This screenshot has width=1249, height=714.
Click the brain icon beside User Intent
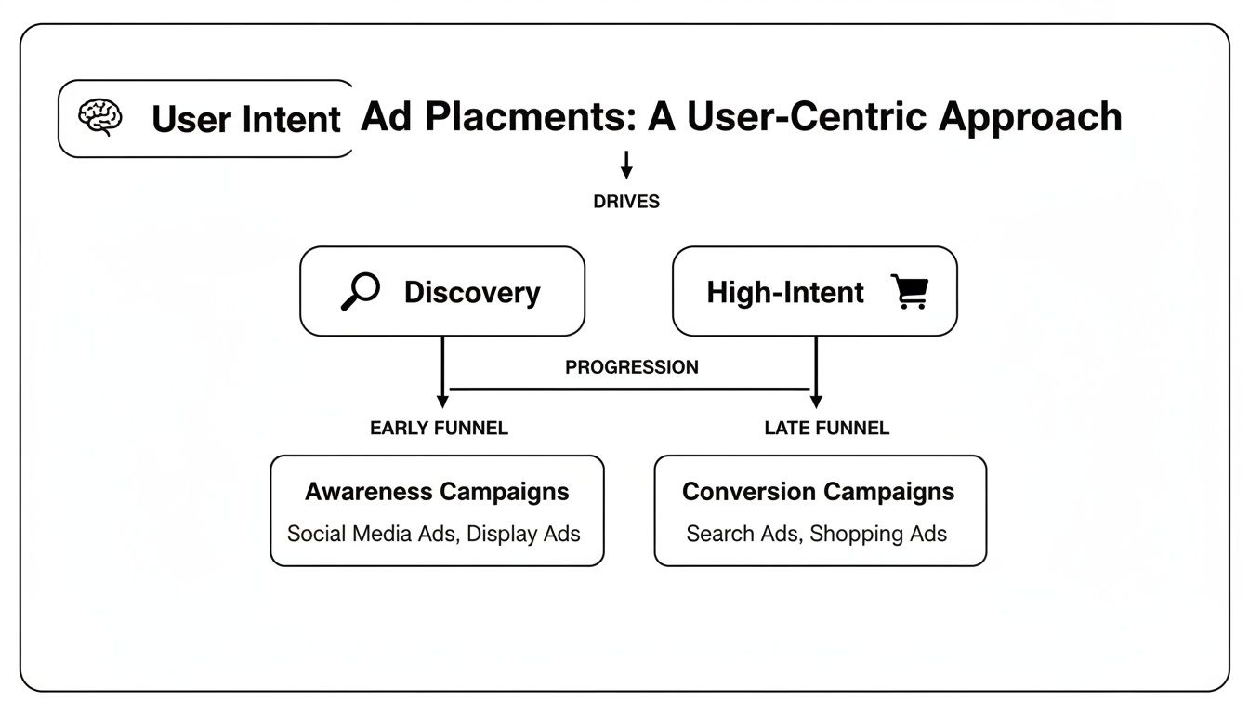coord(100,118)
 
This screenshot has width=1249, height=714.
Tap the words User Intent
coord(246,119)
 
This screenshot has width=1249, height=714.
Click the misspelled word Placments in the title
coord(513,117)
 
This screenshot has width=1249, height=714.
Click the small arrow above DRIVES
coord(626,165)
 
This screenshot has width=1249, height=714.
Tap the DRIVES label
coord(626,202)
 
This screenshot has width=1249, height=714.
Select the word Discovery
coord(471,292)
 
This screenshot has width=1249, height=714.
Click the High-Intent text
coord(785,292)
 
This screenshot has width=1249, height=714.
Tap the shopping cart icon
coord(909,291)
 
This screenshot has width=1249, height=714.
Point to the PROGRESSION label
coord(631,367)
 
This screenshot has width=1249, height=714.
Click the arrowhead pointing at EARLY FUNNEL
coord(442,401)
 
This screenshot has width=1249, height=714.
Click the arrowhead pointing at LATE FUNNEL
coord(816,401)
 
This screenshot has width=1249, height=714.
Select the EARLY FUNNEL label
coord(439,429)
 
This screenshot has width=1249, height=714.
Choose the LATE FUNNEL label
coord(826,429)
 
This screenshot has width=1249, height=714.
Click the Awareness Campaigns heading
coord(437,492)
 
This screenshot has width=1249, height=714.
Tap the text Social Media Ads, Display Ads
coord(434,534)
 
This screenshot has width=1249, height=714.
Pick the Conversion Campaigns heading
coord(818,492)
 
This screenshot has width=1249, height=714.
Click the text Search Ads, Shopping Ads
coord(816,534)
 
